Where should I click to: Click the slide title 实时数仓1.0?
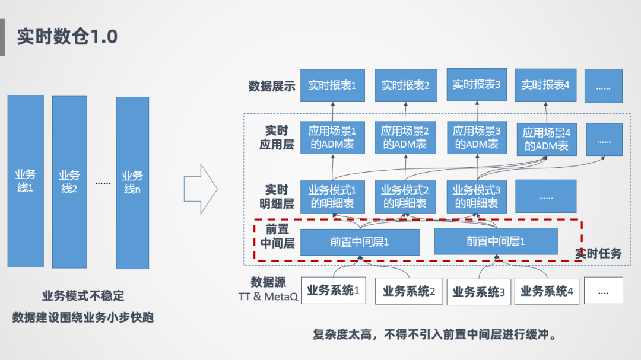[x=67, y=37]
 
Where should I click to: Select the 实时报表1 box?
[x=332, y=85]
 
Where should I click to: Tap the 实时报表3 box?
[x=477, y=85]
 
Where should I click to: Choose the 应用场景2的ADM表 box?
[x=405, y=138]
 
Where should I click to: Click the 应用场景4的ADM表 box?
[x=546, y=139]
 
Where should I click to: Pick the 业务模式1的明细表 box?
[x=332, y=196]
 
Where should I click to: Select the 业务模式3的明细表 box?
[x=477, y=196]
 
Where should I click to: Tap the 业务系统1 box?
[x=333, y=291]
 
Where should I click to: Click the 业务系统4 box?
[x=546, y=291]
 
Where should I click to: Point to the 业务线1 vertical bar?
[x=25, y=181]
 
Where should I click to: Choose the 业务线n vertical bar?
[x=132, y=183]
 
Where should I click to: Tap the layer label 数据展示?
[x=271, y=87]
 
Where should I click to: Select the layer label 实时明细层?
[x=277, y=197]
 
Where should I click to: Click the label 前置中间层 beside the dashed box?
[x=277, y=236]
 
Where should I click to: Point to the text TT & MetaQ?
[x=268, y=297]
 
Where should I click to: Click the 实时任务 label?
[x=598, y=253]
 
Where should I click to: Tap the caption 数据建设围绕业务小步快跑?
[x=83, y=317]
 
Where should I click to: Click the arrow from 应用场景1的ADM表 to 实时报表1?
[x=332, y=111]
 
